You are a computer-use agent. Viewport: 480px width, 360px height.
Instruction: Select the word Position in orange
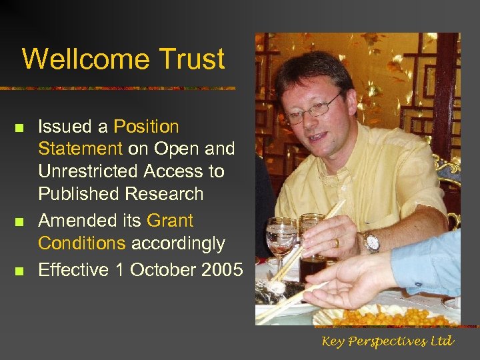point(146,126)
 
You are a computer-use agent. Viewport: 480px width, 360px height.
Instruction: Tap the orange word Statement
point(80,149)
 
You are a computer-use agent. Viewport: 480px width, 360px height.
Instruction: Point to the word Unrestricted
point(99,171)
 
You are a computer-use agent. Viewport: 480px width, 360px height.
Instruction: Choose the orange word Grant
point(170,220)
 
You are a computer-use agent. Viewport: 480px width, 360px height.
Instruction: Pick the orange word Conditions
point(81,243)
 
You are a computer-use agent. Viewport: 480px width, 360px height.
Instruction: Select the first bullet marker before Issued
point(19,127)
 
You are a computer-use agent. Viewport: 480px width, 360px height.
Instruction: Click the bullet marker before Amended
point(19,221)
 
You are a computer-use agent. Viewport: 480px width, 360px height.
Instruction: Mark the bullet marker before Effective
point(19,271)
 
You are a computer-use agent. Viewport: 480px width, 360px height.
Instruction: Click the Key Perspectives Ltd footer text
point(387,341)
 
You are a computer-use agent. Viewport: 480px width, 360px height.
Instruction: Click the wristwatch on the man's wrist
point(371,241)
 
